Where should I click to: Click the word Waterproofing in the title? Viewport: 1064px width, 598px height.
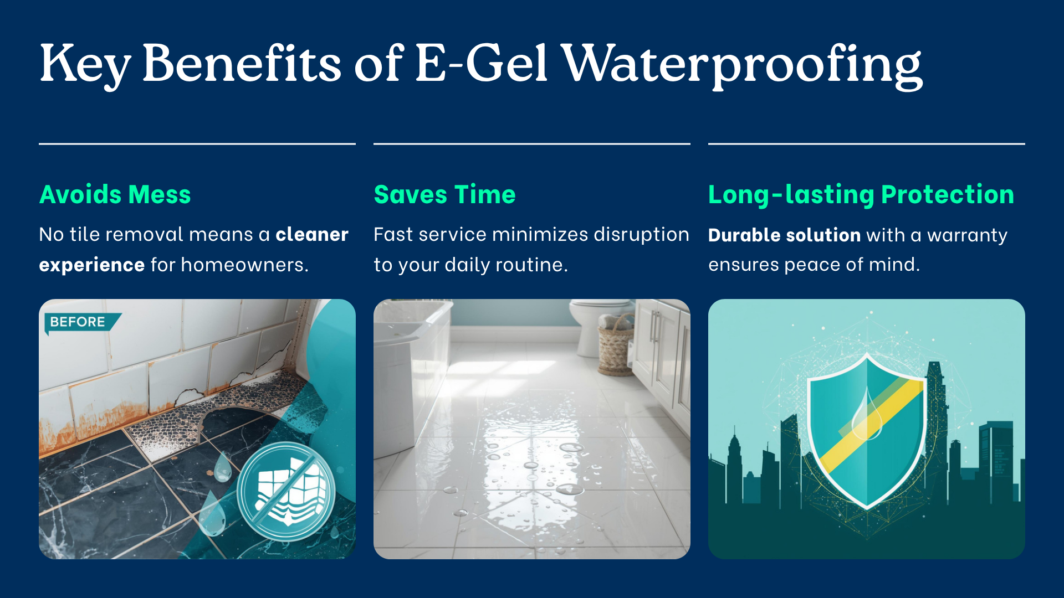pos(743,65)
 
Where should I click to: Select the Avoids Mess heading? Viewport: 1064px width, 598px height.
pos(115,194)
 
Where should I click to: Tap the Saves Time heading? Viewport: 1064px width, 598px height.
pos(444,194)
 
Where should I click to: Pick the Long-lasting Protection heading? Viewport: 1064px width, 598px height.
pos(861,195)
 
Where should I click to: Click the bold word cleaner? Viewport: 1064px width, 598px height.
pos(312,234)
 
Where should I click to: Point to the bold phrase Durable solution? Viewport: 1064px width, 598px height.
pos(784,235)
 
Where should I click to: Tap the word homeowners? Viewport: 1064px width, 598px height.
pos(244,265)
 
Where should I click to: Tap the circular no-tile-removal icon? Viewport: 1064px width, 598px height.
pos(286,492)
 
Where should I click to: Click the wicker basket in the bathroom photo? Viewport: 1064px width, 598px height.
pos(615,344)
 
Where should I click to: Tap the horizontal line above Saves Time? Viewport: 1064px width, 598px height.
pos(532,144)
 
